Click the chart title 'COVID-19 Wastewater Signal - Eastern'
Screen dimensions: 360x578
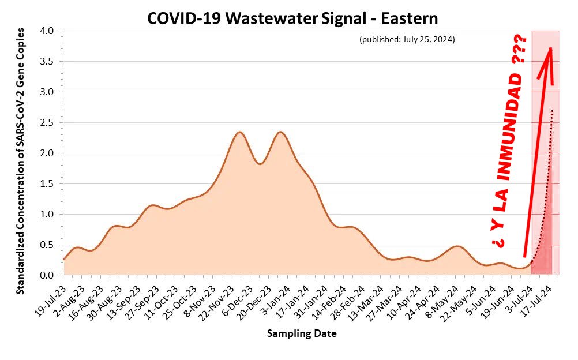[292, 18]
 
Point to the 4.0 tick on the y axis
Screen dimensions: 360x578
[47, 31]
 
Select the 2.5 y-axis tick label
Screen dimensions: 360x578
[47, 123]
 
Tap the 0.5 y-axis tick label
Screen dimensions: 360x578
[47, 245]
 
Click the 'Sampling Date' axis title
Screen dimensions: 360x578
[302, 333]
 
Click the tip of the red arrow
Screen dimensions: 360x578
[550, 48]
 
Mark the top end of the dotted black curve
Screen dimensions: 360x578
[552, 110]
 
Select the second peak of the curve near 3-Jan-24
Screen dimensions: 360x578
[280, 132]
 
